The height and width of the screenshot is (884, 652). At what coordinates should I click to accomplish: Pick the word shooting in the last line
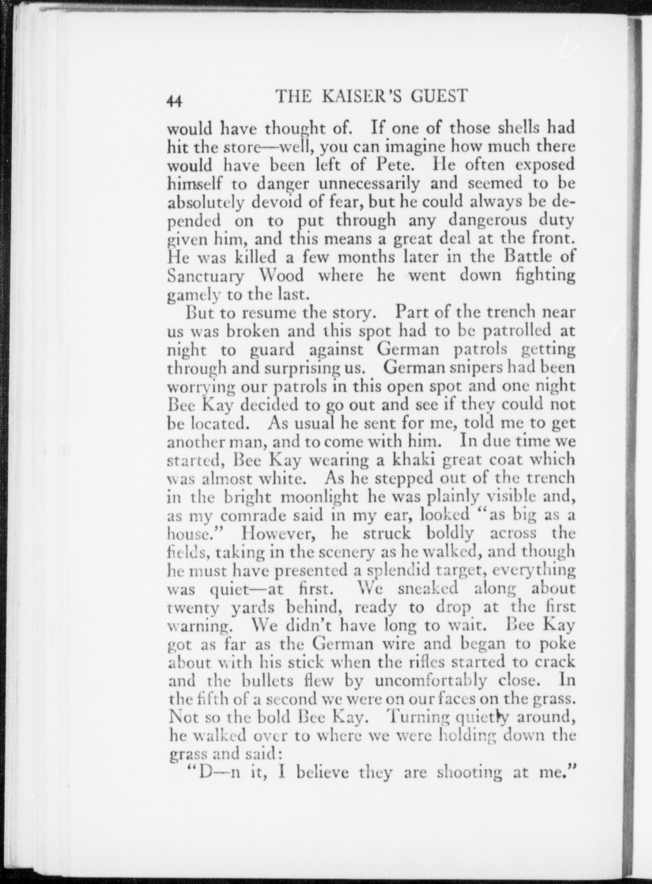tap(470, 773)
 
